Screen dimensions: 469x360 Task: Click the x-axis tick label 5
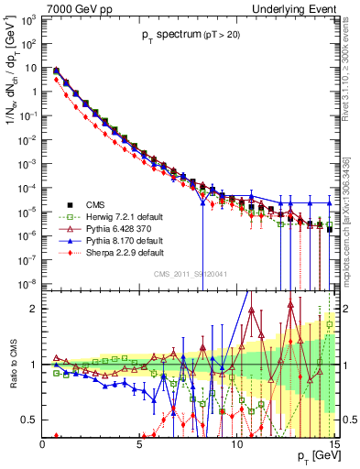139,444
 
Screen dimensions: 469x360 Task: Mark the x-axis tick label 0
43,444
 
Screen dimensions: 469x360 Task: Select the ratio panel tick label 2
34,308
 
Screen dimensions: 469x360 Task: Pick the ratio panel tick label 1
34,364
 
